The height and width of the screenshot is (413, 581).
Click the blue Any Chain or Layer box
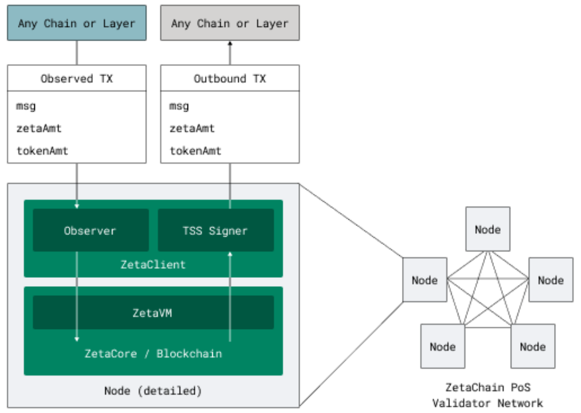(x=77, y=23)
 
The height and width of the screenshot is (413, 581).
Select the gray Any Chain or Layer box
(x=230, y=23)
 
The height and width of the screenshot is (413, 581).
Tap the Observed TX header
(x=77, y=79)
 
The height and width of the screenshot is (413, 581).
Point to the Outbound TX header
(x=230, y=79)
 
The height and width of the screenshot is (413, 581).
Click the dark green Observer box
(x=90, y=230)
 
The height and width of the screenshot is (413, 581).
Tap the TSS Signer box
(x=215, y=230)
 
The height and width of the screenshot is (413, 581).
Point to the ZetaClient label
(x=153, y=265)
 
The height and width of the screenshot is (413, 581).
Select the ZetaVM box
(x=153, y=313)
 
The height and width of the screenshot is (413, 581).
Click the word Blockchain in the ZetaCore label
(x=189, y=353)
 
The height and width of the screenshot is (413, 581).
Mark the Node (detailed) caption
(x=153, y=391)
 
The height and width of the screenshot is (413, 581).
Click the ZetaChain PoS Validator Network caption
(x=488, y=395)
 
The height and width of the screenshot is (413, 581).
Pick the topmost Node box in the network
(x=488, y=229)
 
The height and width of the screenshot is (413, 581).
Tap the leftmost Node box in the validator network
(x=425, y=280)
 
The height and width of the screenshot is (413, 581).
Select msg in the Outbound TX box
(x=179, y=106)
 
